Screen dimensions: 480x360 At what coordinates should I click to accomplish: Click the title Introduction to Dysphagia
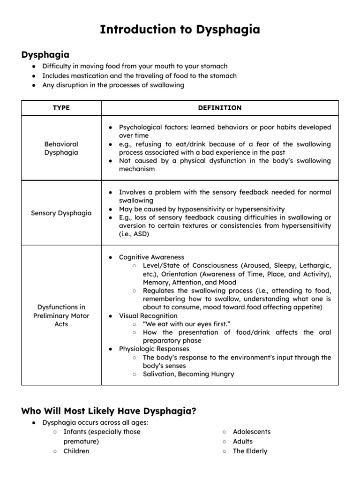180,30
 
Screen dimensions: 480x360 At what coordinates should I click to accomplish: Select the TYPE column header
61,108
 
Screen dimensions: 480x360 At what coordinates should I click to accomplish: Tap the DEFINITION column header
220,108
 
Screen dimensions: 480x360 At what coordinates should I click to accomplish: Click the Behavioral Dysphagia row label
61,148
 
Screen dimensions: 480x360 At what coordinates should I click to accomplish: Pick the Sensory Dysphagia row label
61,213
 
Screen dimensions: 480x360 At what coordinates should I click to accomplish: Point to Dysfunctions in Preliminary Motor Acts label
61,315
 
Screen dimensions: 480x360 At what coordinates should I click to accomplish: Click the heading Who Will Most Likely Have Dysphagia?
109,411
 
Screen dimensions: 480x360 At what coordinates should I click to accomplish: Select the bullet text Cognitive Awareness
151,257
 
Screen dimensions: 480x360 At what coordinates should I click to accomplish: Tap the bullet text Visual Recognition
148,316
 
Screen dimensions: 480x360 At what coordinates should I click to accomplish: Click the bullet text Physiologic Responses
154,349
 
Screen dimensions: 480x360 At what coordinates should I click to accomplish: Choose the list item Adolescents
252,432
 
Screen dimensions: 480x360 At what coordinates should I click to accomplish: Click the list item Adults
243,441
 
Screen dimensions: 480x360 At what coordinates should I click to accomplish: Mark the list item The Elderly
250,451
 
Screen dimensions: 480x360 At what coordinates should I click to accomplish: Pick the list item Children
76,451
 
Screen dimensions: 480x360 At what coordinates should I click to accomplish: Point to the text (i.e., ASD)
134,234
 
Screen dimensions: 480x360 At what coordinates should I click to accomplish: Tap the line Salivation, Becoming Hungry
188,374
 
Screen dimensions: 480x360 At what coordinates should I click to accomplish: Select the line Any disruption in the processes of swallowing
113,85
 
